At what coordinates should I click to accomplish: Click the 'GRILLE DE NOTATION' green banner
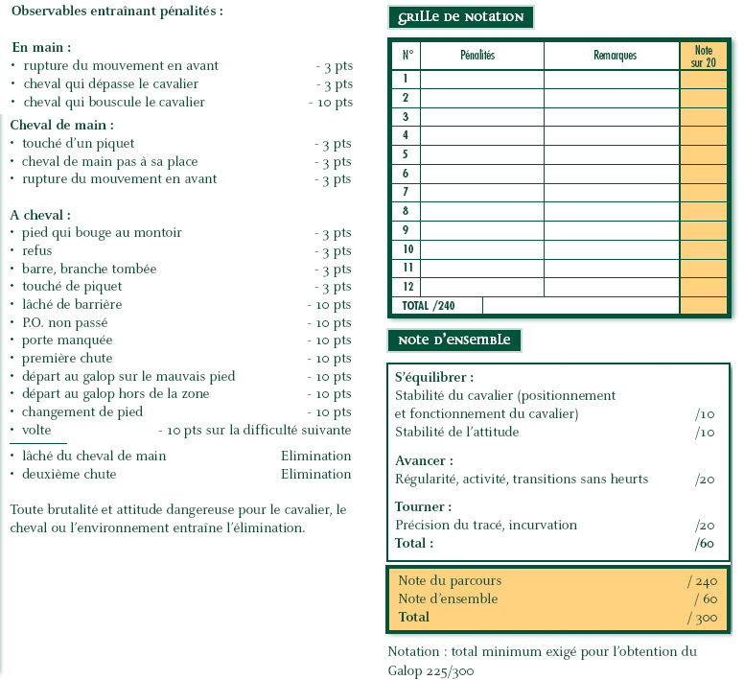pos(460,17)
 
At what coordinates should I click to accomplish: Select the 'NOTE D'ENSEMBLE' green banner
pos(454,340)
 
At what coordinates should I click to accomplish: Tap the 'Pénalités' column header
pos(477,56)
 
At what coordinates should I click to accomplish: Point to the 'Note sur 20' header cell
pos(703,56)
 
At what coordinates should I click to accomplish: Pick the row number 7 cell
pos(406,192)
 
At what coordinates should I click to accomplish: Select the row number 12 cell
pos(406,287)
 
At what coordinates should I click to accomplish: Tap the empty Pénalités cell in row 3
pos(481,116)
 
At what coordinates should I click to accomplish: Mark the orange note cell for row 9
pos(703,230)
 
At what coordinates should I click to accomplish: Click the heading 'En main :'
pos(41,46)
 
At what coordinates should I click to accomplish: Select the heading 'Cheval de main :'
pos(61,125)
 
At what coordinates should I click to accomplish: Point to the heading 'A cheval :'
pos(40,215)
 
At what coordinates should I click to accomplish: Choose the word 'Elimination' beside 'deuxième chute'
pos(315,474)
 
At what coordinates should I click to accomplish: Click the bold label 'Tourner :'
pos(423,506)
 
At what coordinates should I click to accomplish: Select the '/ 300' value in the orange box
pos(702,617)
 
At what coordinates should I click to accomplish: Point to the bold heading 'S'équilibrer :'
pos(434,377)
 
